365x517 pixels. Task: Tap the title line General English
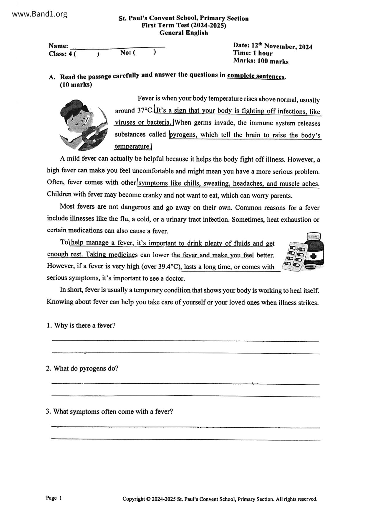tap(184, 33)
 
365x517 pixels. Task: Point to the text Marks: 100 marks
tap(261, 61)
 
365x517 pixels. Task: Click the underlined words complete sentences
tap(256, 76)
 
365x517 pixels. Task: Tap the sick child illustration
tap(82, 125)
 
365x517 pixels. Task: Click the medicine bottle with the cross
tap(314, 251)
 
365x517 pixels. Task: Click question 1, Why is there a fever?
tap(81, 325)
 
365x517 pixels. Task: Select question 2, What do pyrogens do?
tap(82, 368)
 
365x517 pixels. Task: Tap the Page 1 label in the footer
tap(54, 498)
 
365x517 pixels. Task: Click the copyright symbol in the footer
tap(148, 499)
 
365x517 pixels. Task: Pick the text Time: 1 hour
tap(253, 53)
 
